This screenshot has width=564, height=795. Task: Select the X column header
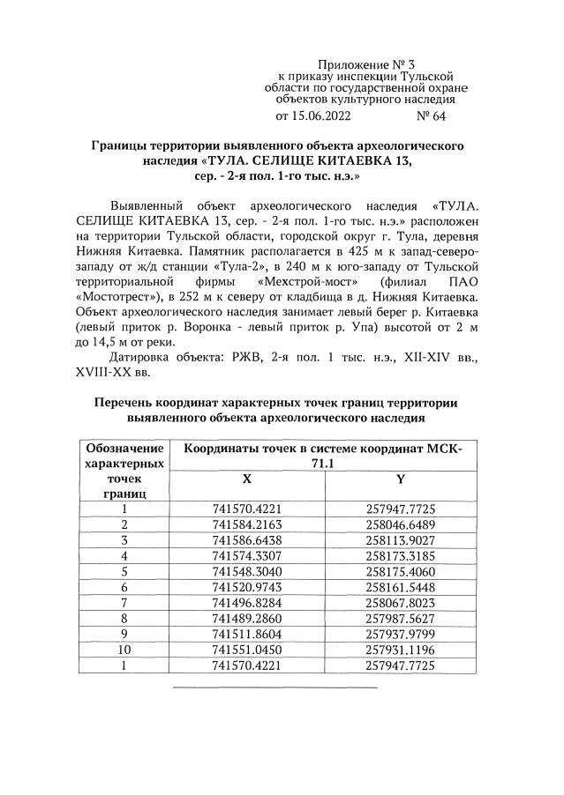(x=246, y=479)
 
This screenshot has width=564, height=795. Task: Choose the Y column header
(x=402, y=479)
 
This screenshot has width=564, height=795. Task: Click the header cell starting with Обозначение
(x=124, y=449)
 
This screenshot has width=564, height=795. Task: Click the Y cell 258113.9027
(x=402, y=539)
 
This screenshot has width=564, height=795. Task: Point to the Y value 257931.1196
(x=402, y=650)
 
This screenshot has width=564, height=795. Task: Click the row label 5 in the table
(x=124, y=571)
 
